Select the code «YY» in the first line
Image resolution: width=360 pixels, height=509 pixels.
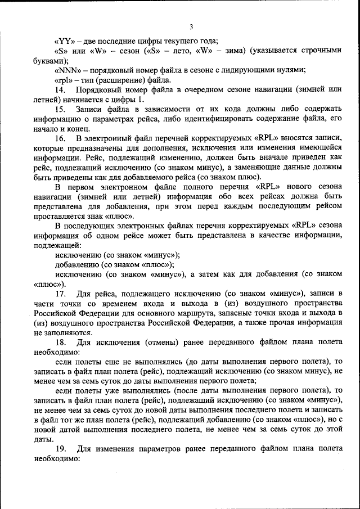pyautogui.click(x=62, y=40)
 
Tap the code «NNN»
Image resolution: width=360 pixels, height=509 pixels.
pyautogui.click(x=65, y=70)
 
